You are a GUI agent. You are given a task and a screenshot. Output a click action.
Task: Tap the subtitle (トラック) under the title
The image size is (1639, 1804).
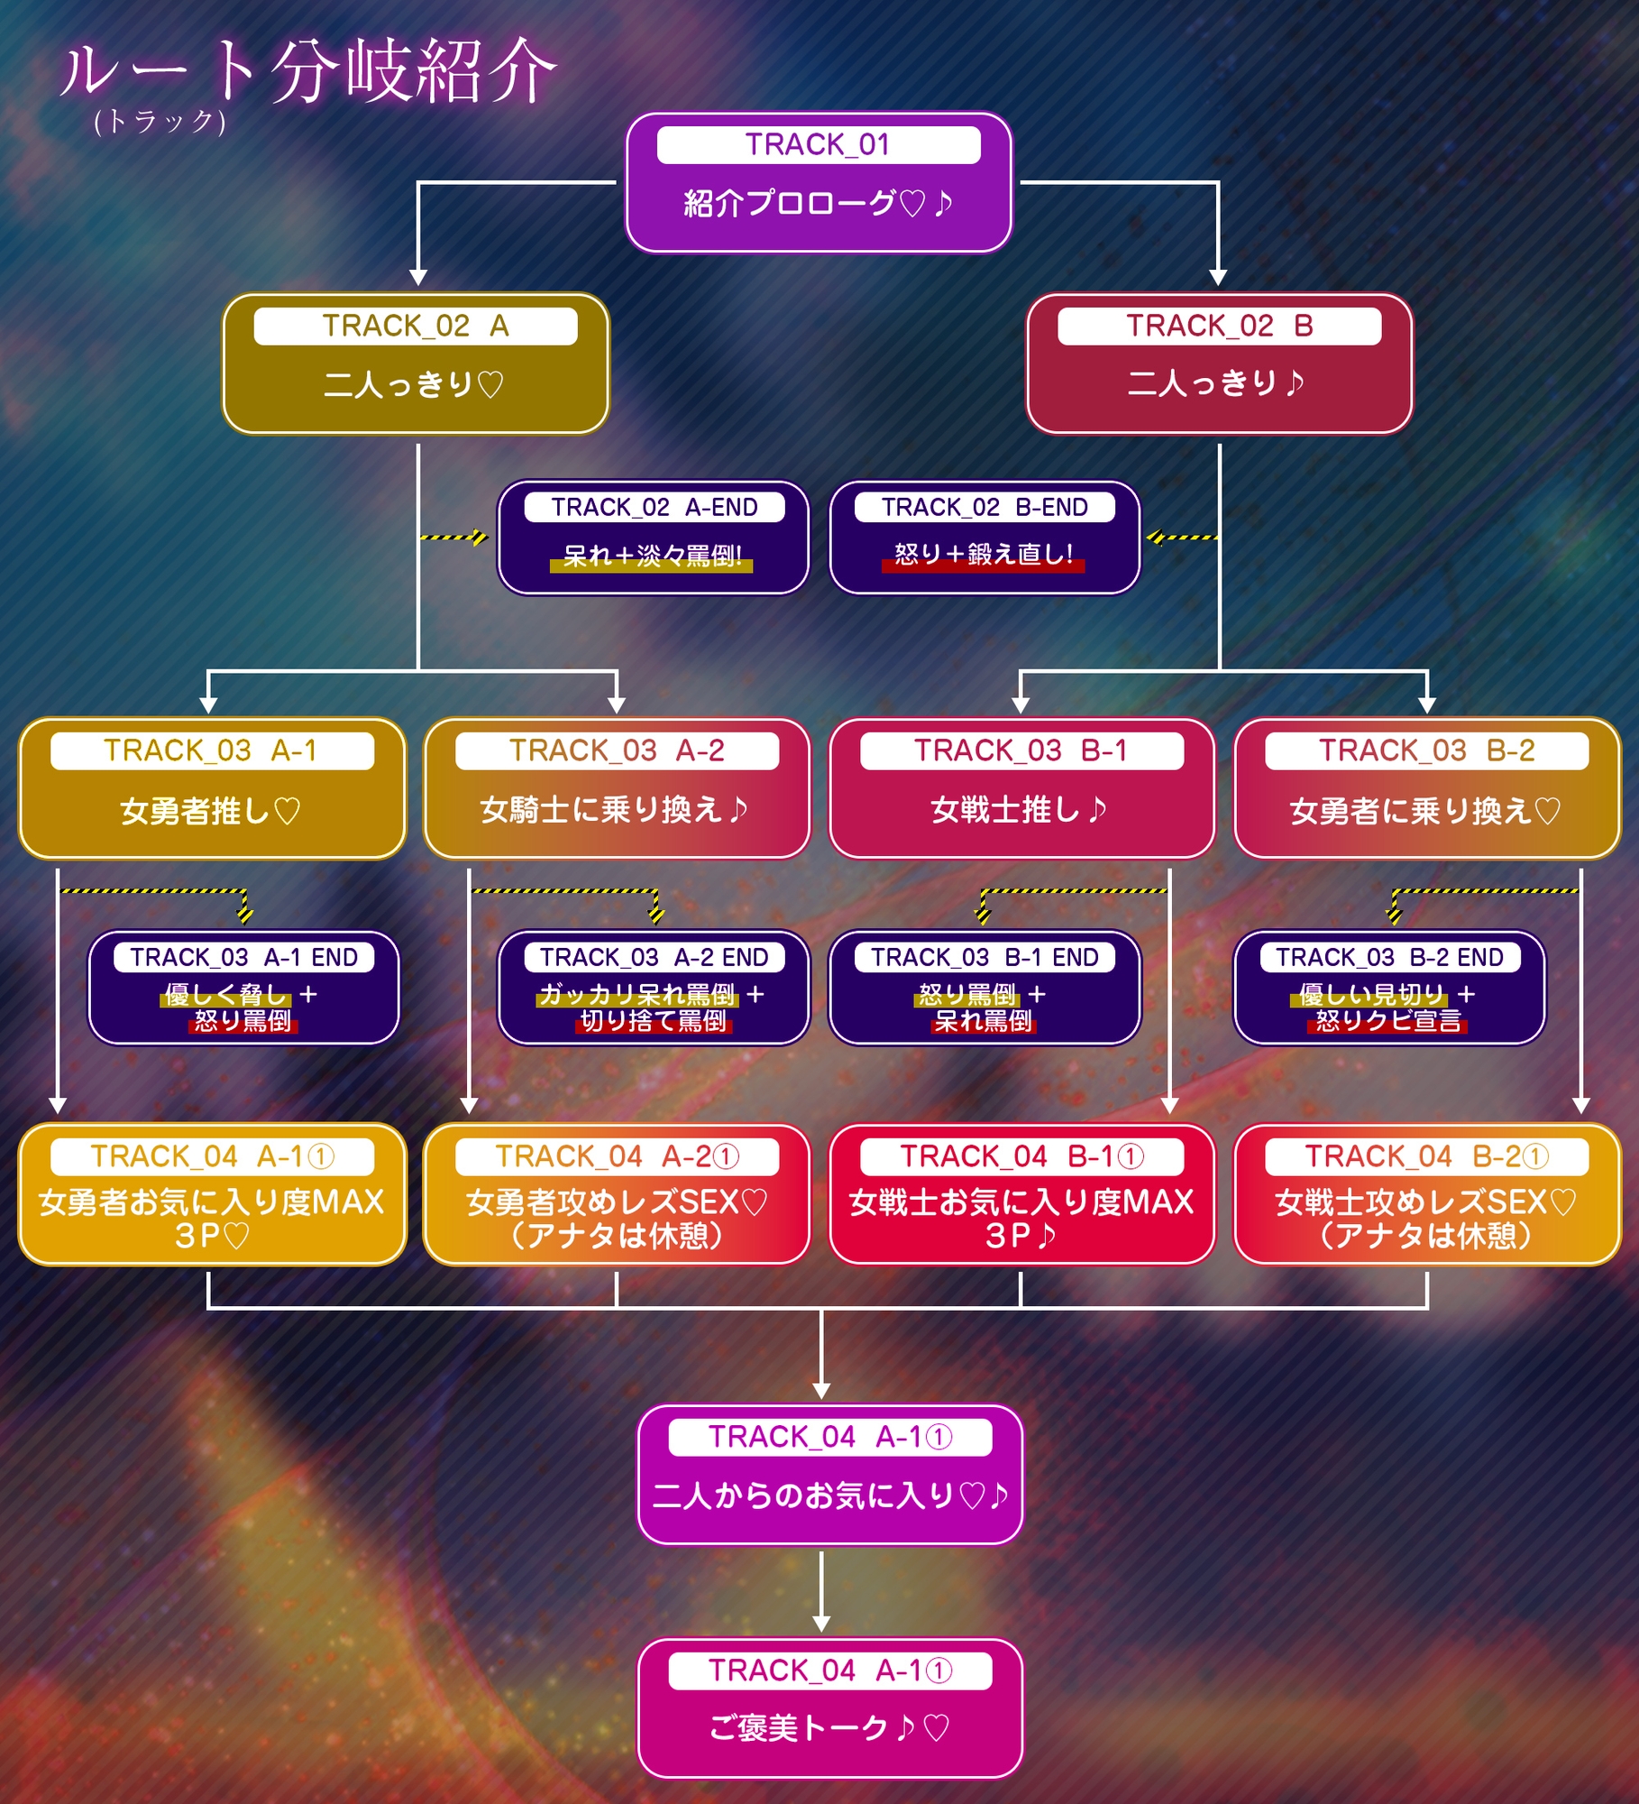(x=160, y=121)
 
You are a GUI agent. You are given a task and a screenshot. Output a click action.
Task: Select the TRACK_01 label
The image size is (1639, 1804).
(x=818, y=144)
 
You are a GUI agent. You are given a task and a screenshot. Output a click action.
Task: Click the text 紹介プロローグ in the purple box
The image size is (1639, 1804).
(x=790, y=203)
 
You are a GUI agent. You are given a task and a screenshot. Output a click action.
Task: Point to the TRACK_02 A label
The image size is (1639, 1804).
(x=416, y=326)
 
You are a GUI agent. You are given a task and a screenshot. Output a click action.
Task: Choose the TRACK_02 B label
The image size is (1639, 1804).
(x=1219, y=326)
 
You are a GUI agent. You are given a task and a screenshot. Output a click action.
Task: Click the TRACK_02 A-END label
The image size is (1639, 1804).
(x=655, y=507)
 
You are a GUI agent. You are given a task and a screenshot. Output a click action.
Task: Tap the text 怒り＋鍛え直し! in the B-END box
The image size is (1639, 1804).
(x=984, y=554)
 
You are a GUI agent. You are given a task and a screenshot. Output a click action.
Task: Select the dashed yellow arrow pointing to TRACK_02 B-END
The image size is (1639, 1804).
(x=1182, y=538)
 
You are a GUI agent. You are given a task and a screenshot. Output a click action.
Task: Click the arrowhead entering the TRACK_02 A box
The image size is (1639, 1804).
(x=418, y=277)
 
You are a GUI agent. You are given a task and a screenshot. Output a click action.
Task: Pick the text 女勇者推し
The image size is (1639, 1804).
(x=195, y=811)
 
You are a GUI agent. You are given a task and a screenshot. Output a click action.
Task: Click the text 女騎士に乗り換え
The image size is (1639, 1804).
(x=600, y=810)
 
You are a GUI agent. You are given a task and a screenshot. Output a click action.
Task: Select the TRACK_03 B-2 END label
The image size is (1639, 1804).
(x=1389, y=957)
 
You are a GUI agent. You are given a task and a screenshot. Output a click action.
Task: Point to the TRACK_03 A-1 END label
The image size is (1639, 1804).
(x=243, y=957)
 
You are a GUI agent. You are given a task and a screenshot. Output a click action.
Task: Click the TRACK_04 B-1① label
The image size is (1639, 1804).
(x=1021, y=1156)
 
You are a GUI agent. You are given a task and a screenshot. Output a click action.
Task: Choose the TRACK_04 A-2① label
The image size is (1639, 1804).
(x=617, y=1156)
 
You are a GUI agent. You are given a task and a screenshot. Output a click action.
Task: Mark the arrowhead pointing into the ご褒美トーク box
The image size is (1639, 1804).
(x=821, y=1625)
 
